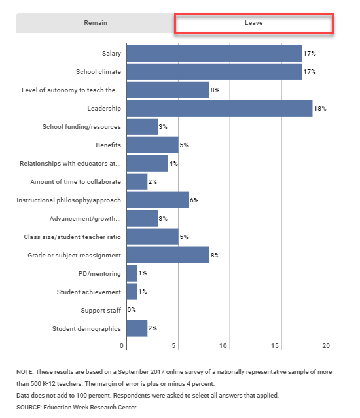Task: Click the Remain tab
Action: pos(95,23)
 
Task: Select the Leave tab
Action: pos(253,23)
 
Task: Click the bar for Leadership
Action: pos(219,108)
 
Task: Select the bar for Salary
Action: pos(214,53)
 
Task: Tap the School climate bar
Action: pos(214,71)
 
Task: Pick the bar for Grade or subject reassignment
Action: pos(168,255)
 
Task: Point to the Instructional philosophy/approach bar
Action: pos(157,200)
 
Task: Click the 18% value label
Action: pos(320,108)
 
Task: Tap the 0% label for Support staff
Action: pos(132,310)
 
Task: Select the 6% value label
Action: pos(194,200)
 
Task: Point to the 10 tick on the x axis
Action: pos(224,345)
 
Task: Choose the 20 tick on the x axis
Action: pos(327,345)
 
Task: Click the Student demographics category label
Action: pos(86,328)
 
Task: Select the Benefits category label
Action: pos(108,145)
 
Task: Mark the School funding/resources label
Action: pos(81,126)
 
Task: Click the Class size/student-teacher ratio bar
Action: pos(152,237)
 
